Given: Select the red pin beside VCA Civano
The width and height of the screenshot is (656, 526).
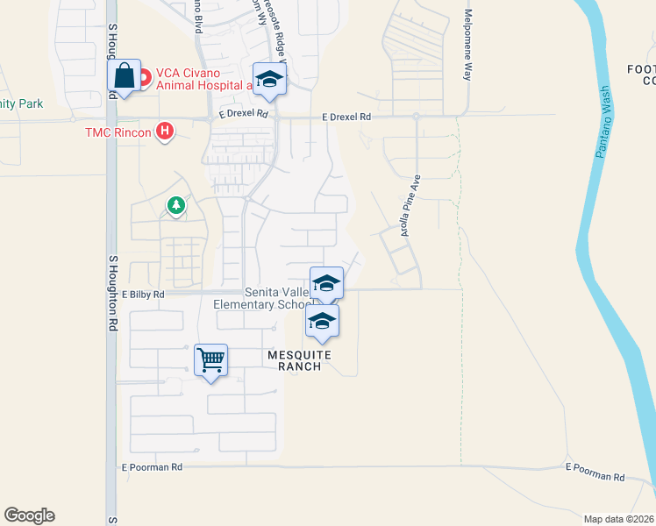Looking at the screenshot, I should point(142,74).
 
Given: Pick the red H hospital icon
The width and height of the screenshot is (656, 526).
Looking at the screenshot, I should point(163,132).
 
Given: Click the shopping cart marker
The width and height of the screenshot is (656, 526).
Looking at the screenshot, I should point(210,359).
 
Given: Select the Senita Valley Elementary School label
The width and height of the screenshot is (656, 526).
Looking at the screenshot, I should point(261,298).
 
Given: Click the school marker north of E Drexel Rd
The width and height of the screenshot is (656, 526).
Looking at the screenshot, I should point(270,80).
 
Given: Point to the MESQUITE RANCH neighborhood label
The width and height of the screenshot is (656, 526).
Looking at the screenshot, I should point(299,360).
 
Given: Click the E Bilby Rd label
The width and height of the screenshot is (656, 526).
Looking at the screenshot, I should point(144,295).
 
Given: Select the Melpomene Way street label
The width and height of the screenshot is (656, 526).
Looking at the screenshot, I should point(468,46).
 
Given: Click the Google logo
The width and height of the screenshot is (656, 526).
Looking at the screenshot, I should point(29,515).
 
